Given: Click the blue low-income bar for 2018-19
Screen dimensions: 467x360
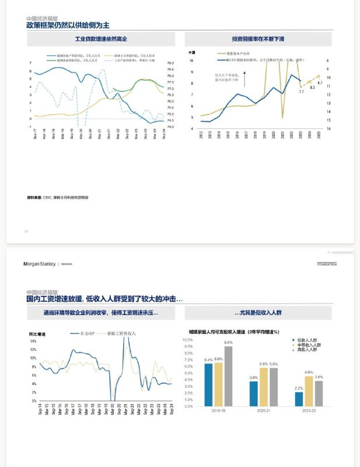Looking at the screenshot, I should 208,385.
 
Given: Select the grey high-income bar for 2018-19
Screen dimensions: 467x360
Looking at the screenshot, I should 228,377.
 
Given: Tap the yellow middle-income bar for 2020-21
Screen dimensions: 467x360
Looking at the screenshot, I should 263,387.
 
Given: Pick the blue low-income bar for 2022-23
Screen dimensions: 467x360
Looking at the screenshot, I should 299,399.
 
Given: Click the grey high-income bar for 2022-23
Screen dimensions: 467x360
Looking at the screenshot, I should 319,393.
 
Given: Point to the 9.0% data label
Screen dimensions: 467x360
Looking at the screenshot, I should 228,343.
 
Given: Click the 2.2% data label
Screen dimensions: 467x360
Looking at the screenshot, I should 299,388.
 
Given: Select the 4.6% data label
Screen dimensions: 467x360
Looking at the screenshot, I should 309,372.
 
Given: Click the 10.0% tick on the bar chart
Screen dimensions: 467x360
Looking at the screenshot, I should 188,339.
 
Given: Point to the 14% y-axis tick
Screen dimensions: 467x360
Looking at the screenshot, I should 33,341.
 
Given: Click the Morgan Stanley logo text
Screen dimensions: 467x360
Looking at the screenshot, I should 40,264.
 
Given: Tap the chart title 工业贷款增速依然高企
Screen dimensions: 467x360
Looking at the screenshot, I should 101,39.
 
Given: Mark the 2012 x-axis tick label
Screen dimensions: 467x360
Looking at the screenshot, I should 201,135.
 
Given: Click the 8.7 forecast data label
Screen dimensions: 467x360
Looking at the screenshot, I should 320,83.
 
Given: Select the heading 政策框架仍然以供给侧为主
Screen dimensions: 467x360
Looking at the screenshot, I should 68,25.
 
